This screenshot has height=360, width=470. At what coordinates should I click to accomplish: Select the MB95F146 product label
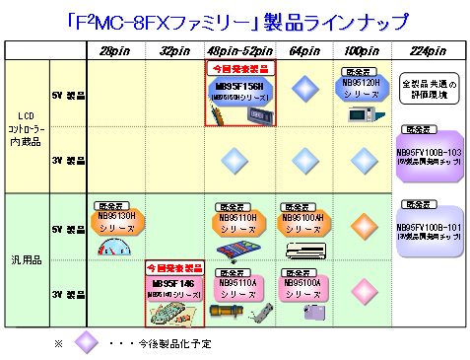175,285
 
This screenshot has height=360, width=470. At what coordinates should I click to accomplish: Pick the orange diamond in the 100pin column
360,224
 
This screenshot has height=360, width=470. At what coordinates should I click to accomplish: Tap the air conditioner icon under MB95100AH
302,249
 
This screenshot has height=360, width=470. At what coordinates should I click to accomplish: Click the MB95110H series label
236,221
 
